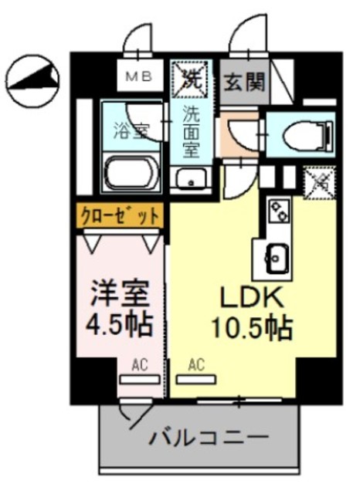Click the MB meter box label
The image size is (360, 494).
click(139, 76)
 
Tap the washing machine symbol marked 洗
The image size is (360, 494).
click(190, 78)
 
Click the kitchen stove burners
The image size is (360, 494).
click(277, 208)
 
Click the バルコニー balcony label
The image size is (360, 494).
click(209, 437)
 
